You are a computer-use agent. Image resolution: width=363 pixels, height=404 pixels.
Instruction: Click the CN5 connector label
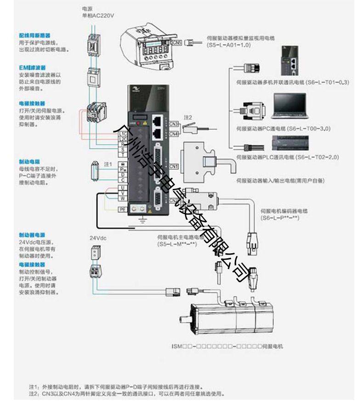tap(177, 43)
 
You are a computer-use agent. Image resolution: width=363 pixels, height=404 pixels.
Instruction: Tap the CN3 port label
tap(173, 124)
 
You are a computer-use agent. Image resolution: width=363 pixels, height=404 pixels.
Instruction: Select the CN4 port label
tap(173, 134)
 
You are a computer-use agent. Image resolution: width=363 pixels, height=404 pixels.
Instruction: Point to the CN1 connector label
tap(173, 166)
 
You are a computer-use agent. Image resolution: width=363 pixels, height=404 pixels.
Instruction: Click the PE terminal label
tap(123, 210)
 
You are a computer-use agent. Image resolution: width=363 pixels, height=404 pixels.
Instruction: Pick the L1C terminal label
tap(123, 134)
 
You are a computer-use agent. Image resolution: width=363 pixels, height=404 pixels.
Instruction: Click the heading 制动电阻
tap(29, 162)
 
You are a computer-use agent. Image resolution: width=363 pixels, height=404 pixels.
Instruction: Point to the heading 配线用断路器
tap(34, 35)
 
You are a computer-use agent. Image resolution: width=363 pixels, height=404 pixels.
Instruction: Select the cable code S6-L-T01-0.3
tap(324, 82)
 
